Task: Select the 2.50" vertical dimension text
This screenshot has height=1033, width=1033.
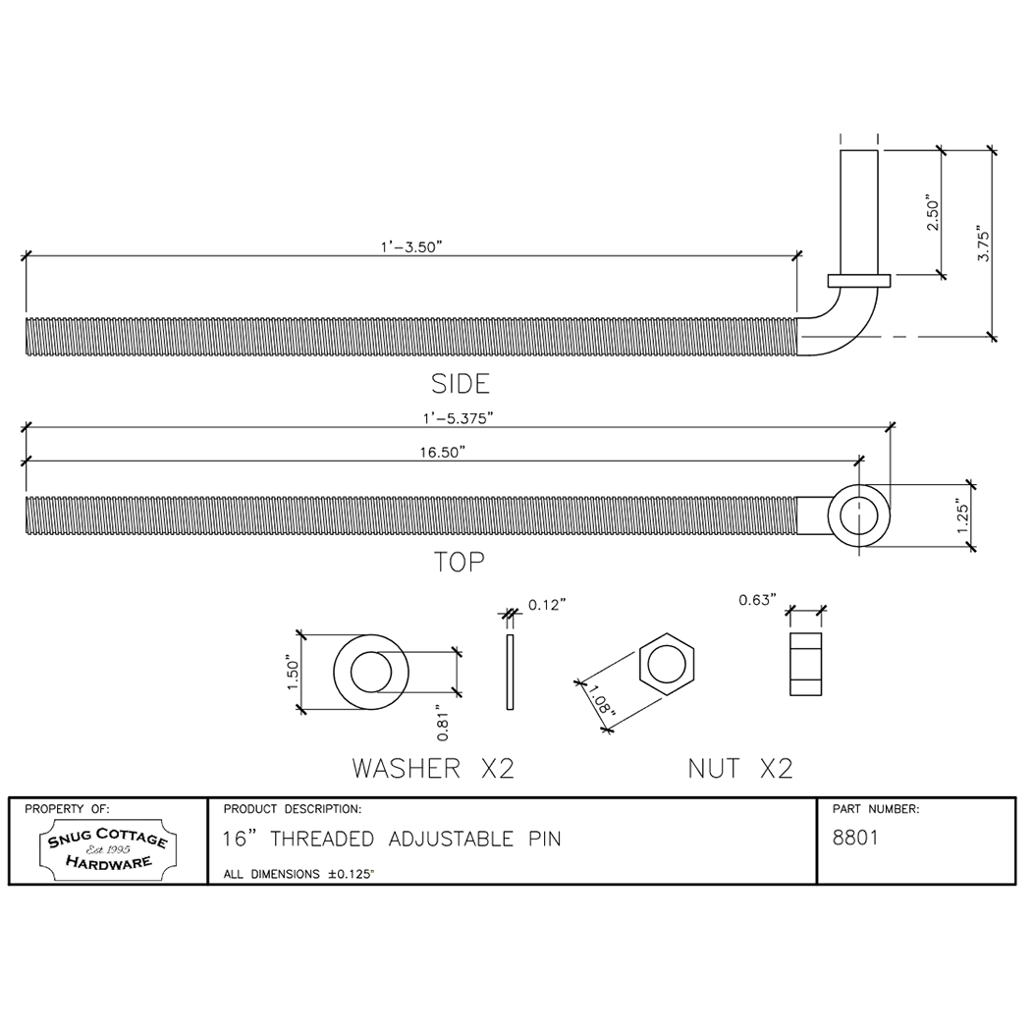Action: click(x=933, y=214)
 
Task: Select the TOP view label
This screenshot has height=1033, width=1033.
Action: click(x=460, y=562)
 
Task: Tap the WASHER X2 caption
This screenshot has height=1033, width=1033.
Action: click(x=433, y=768)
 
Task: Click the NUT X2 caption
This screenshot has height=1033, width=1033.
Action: click(x=739, y=768)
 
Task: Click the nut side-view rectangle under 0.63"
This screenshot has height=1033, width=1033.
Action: click(x=805, y=664)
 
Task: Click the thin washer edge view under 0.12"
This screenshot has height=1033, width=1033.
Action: click(x=509, y=673)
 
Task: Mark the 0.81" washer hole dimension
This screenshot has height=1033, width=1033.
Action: click(x=443, y=724)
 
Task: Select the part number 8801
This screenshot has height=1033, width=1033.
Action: click(x=854, y=839)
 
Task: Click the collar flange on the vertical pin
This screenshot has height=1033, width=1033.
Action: click(x=859, y=281)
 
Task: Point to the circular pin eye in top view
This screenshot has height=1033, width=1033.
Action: click(x=859, y=514)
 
